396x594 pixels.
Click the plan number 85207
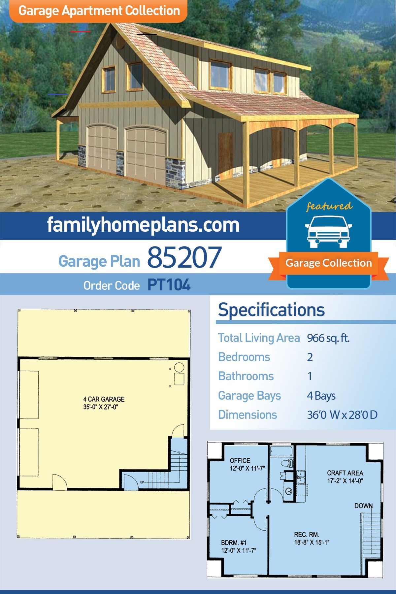[184, 257]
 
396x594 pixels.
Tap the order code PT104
[169, 285]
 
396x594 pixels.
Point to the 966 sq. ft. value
[328, 338]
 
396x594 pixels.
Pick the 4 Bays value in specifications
[321, 396]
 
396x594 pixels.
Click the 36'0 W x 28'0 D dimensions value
[342, 415]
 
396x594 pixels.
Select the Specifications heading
[271, 310]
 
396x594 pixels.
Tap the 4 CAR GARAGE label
[104, 399]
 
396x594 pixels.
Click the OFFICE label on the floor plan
[240, 460]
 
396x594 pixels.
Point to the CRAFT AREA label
[345, 473]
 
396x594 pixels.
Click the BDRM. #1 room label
[234, 543]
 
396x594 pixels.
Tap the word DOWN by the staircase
[364, 506]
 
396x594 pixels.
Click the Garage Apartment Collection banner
[99, 11]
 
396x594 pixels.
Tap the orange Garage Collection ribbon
[329, 264]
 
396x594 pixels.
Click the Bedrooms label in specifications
[244, 357]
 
